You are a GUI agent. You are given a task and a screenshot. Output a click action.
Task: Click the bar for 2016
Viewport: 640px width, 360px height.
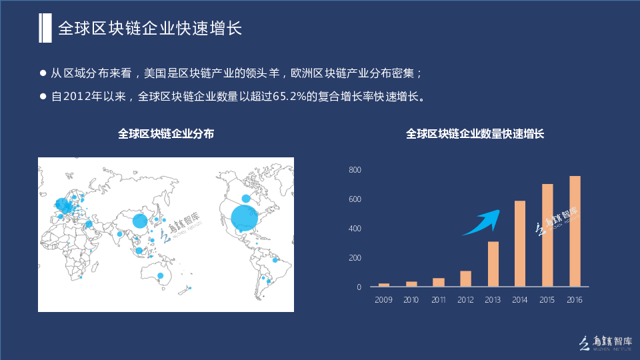[x=575, y=231]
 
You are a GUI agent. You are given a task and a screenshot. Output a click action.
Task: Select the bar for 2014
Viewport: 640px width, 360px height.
[x=520, y=243]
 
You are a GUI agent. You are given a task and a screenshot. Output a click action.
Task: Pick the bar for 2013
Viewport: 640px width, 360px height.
[x=493, y=264]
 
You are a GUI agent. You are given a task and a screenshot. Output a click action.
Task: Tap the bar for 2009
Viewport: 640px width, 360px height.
[x=384, y=285]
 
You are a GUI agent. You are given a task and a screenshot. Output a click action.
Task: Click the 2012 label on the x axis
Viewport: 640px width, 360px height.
[x=465, y=299]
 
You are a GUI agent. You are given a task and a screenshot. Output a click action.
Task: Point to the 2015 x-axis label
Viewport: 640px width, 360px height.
[x=547, y=299]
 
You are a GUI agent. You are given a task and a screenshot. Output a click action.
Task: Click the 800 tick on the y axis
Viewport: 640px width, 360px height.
[x=355, y=170]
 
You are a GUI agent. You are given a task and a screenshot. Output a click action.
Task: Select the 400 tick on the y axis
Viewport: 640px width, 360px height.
[x=355, y=229]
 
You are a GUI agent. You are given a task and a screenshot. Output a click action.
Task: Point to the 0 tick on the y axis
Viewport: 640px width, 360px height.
[x=359, y=287]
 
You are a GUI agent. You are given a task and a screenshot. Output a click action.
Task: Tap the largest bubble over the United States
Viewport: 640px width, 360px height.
[x=245, y=217]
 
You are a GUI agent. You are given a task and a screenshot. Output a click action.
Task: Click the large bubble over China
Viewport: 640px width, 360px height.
[x=140, y=221]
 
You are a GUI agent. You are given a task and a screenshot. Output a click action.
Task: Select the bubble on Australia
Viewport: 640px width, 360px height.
[x=161, y=275]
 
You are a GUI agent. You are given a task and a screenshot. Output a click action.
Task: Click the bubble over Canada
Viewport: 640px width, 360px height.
[x=246, y=199]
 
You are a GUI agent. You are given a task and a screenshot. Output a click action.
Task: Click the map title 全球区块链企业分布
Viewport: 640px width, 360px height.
[x=166, y=134]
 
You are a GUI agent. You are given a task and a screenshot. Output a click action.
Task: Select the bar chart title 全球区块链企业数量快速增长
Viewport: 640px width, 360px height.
[x=475, y=134]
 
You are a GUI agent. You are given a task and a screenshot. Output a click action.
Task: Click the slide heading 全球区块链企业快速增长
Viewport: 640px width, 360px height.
[x=150, y=28]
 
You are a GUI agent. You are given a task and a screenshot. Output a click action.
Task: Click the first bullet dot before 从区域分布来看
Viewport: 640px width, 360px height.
[x=43, y=73]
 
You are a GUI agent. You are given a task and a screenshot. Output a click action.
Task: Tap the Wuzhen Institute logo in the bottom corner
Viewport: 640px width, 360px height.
[x=606, y=343]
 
